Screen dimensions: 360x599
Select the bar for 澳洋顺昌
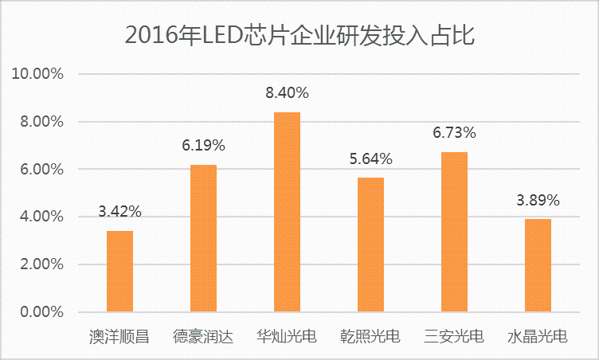119,272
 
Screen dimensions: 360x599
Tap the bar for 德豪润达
203,238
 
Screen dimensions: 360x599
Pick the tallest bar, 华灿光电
287,212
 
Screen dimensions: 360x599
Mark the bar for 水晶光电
538,265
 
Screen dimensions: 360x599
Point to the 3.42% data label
119,212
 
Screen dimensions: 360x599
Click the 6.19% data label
203,146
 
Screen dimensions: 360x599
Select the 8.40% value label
287,93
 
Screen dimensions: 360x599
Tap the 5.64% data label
370,159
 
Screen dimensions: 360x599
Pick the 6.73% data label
454,132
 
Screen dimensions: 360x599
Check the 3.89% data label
538,200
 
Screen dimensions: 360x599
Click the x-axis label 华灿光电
287,337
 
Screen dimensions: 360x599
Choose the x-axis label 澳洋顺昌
119,337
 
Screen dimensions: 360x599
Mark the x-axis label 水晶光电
538,337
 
